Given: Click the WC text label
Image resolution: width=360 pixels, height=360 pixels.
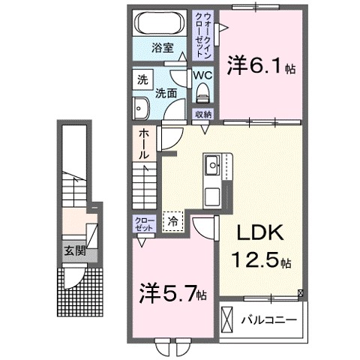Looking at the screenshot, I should (x=202, y=76).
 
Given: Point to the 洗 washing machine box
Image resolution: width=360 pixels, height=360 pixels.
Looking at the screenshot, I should (x=142, y=79).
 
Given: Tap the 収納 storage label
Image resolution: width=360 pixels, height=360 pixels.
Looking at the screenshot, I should (x=202, y=114).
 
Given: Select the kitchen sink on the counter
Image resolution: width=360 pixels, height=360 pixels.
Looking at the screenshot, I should (x=211, y=163).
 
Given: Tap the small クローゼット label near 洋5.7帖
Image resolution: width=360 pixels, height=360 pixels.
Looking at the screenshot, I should (x=143, y=223).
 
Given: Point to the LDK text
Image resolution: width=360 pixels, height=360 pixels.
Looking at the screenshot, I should (x=254, y=235).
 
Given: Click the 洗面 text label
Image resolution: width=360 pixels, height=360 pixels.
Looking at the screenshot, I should (x=166, y=94).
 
